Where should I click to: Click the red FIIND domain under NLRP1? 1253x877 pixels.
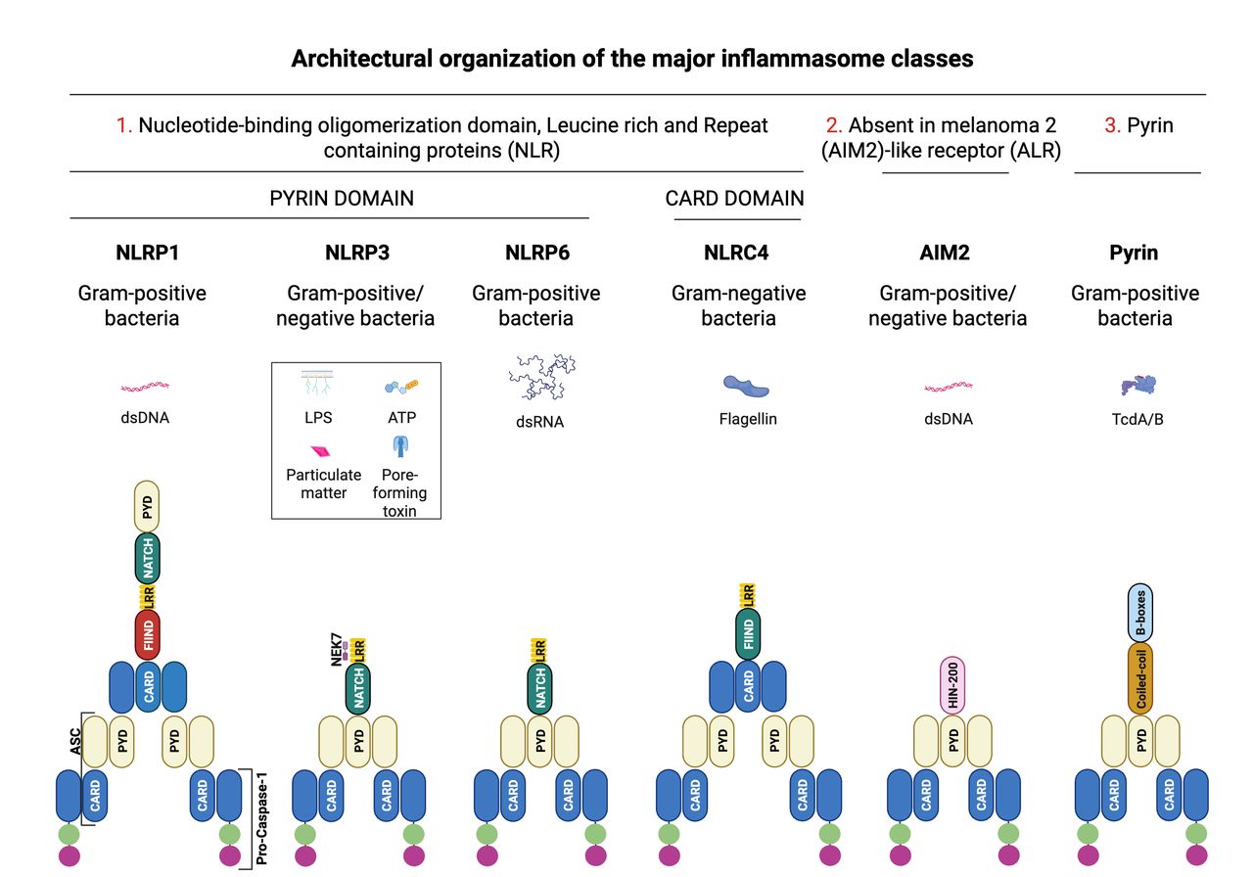pyautogui.click(x=148, y=635)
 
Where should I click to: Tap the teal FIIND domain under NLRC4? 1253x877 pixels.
pyautogui.click(x=748, y=634)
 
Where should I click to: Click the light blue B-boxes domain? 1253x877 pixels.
pyautogui.click(x=1140, y=613)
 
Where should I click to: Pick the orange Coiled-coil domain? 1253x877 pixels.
pyautogui.click(x=1140, y=678)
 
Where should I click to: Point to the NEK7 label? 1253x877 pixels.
pyautogui.click(x=336, y=649)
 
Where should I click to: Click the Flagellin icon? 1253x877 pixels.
pyautogui.click(x=746, y=386)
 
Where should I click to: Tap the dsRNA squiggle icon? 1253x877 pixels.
pyautogui.click(x=541, y=377)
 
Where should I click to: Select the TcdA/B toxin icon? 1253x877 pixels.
pyautogui.click(x=1138, y=385)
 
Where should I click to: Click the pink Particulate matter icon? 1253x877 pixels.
pyautogui.click(x=320, y=451)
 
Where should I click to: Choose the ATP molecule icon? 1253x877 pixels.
pyautogui.click(x=401, y=386)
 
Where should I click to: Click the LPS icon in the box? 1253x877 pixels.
pyautogui.click(x=317, y=383)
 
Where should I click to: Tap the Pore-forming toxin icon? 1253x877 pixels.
pyautogui.click(x=400, y=446)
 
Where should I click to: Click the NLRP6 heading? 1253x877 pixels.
pyautogui.click(x=537, y=253)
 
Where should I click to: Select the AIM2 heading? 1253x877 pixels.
pyautogui.click(x=945, y=253)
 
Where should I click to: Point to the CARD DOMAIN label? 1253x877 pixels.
pyautogui.click(x=734, y=199)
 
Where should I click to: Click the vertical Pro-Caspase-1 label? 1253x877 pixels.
pyautogui.click(x=261, y=818)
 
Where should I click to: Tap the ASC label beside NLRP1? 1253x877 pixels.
pyautogui.click(x=75, y=741)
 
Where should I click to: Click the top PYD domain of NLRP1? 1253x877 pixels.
pyautogui.click(x=147, y=507)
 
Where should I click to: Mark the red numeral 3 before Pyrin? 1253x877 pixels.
pyautogui.click(x=1112, y=125)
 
